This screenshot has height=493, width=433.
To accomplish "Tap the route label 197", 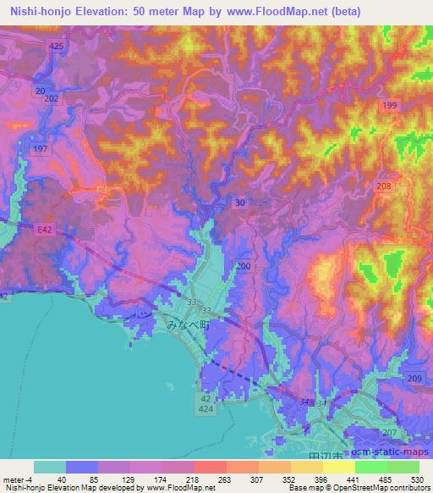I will tap(39, 148).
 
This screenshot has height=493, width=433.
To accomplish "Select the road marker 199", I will tap(389, 105).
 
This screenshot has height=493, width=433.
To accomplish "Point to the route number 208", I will tap(385, 186).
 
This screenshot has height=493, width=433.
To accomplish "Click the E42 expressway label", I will tap(44, 229).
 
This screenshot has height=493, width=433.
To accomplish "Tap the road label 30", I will tap(241, 202).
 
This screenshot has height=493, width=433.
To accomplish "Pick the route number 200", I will tap(244, 266).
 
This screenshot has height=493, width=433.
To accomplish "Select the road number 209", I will tap(414, 376).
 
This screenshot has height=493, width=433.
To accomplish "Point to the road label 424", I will tap(206, 408).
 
